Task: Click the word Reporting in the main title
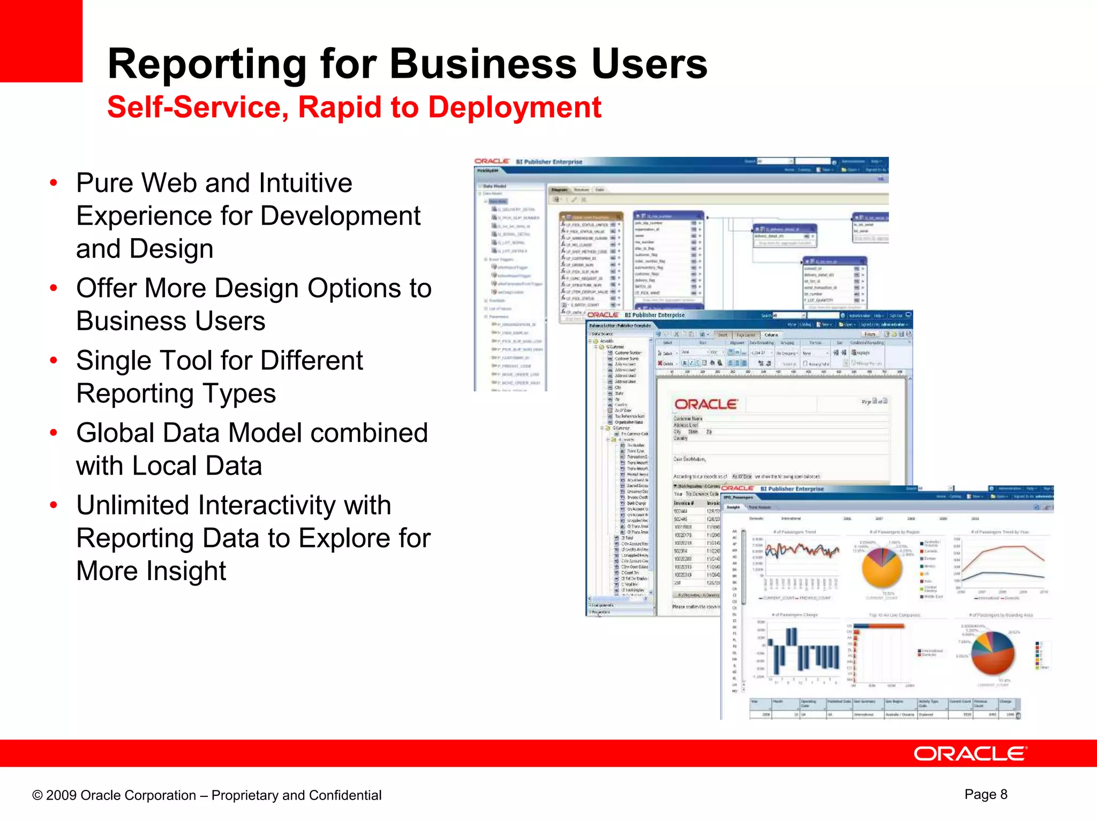[206, 64]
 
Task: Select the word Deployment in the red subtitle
[515, 107]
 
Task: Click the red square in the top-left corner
[41, 41]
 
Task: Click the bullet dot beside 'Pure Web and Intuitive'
[53, 184]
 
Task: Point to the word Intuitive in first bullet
[305, 183]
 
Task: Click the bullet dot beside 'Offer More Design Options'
[53, 289]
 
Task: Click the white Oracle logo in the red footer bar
[970, 753]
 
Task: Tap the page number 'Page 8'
[986, 794]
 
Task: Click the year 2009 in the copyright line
[61, 795]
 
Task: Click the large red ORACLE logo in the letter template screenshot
[705, 405]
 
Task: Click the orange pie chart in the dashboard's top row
[881, 568]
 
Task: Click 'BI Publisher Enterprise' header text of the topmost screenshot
[549, 162]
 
